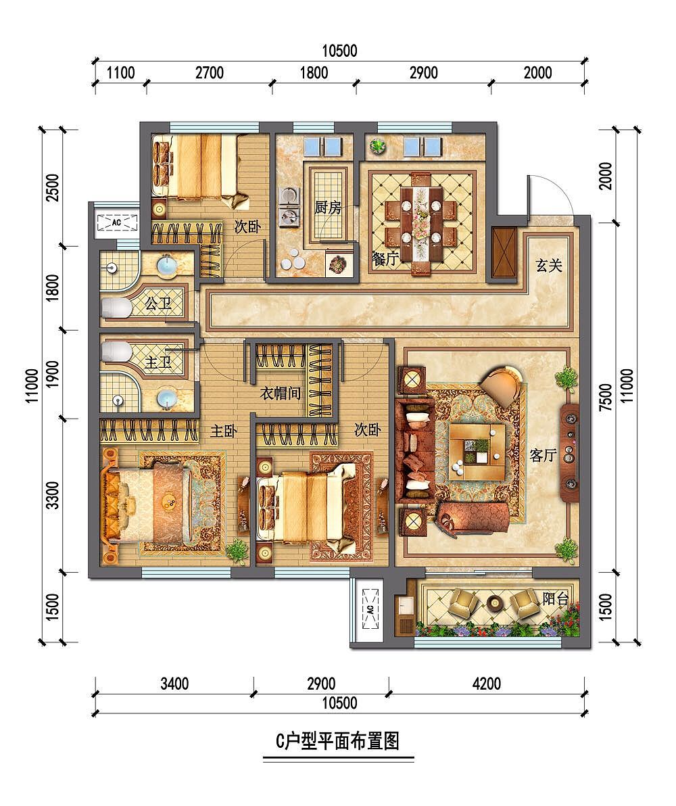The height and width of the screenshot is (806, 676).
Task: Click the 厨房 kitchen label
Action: pyautogui.click(x=328, y=207)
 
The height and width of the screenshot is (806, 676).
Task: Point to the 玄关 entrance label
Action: pyautogui.click(x=550, y=266)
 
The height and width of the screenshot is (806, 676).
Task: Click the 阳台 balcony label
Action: pyautogui.click(x=556, y=598)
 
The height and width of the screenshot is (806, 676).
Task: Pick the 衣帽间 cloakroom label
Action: pyautogui.click(x=281, y=393)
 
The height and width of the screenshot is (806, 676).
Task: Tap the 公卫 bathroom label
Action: pyautogui.click(x=158, y=304)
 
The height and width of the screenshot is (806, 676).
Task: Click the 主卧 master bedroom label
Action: pyautogui.click(x=221, y=430)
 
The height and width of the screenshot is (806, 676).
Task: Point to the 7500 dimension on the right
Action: pyautogui.click(x=606, y=398)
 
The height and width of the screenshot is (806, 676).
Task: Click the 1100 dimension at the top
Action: pyautogui.click(x=121, y=73)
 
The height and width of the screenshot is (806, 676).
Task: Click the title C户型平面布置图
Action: pyautogui.click(x=338, y=741)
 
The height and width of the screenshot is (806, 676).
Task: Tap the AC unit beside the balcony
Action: pyautogui.click(x=370, y=611)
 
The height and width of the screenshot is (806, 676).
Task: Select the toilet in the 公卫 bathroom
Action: pyautogui.click(x=116, y=309)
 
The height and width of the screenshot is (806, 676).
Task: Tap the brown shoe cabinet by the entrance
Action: pyautogui.click(x=504, y=254)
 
